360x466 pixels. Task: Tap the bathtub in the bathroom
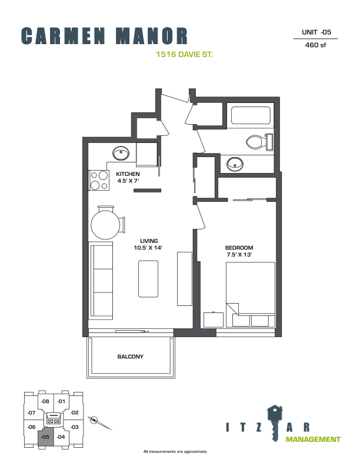pyautogui.click(x=251, y=115)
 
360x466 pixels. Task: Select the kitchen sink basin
pyautogui.click(x=121, y=154)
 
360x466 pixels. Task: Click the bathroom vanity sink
pyautogui.click(x=235, y=164)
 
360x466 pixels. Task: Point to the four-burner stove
pyautogui.click(x=99, y=181)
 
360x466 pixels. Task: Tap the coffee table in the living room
pyautogui.click(x=148, y=279)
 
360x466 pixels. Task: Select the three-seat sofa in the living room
pyautogui.click(x=101, y=281)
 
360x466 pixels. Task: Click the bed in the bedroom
pyautogui.click(x=251, y=295)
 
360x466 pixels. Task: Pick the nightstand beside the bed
pyautogui.click(x=214, y=319)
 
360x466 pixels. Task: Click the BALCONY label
pyautogui.click(x=131, y=357)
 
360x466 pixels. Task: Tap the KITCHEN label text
pyautogui.click(x=128, y=174)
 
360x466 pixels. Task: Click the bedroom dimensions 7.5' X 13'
pyautogui.click(x=239, y=254)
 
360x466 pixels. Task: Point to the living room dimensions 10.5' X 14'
pyautogui.click(x=148, y=248)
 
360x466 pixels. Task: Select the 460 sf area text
pyautogui.click(x=315, y=45)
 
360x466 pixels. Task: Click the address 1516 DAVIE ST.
pyautogui.click(x=185, y=54)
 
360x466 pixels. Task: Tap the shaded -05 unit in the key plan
pyautogui.click(x=46, y=437)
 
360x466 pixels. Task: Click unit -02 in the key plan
pyautogui.click(x=74, y=412)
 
